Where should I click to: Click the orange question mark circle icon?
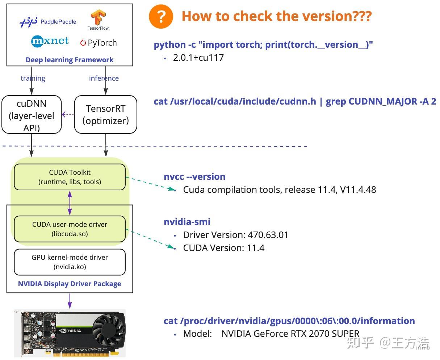click(x=161, y=17)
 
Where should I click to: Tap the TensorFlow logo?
click(x=98, y=20)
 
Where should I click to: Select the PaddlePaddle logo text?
click(x=58, y=22)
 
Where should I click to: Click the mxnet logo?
click(x=50, y=41)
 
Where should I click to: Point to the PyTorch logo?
click(x=99, y=43)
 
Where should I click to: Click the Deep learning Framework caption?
click(x=70, y=60)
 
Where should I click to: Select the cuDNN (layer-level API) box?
click(x=32, y=114)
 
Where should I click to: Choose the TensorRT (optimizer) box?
click(x=106, y=114)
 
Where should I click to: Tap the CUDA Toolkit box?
click(x=70, y=177)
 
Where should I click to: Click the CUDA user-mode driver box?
click(x=70, y=229)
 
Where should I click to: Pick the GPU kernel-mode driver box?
click(x=70, y=262)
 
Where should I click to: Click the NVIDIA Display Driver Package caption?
click(x=70, y=284)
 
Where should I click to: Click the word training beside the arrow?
click(x=33, y=79)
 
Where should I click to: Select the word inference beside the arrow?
click(x=104, y=78)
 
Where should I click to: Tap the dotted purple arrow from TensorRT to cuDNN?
click(x=68, y=114)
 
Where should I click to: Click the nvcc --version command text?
click(x=195, y=177)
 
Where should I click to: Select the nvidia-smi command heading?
click(x=187, y=222)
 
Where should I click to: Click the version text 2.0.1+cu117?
click(x=198, y=58)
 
